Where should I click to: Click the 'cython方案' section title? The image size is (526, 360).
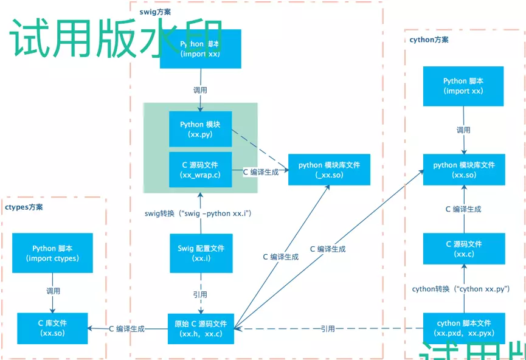(x=429, y=40)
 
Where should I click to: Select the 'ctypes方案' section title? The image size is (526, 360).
(x=24, y=207)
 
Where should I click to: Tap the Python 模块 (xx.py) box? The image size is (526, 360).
(x=200, y=129)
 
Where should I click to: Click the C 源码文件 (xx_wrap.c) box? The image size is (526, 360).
(x=200, y=170)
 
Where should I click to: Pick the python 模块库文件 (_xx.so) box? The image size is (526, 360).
(x=329, y=169)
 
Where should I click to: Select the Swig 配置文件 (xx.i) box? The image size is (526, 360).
(x=201, y=253)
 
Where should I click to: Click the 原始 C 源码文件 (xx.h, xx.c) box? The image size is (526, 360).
(x=201, y=328)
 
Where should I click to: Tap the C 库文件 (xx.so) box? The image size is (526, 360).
(x=52, y=328)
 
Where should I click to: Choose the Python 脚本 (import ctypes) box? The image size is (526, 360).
(x=52, y=253)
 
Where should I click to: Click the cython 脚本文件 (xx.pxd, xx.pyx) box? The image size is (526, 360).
(x=463, y=328)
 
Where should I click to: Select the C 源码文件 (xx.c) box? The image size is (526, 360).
(x=463, y=248)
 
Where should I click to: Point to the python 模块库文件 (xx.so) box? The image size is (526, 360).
(x=463, y=169)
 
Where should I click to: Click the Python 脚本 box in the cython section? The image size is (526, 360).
(x=463, y=86)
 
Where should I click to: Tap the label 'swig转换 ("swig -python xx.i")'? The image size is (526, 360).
(x=198, y=213)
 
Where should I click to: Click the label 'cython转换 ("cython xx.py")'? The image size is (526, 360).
(x=461, y=289)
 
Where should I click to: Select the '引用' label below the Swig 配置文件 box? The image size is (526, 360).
(x=200, y=294)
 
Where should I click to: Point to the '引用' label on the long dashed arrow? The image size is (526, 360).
(x=328, y=328)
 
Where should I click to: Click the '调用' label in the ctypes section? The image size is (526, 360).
(x=53, y=291)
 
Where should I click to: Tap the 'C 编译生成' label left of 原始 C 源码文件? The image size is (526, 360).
(x=126, y=328)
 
